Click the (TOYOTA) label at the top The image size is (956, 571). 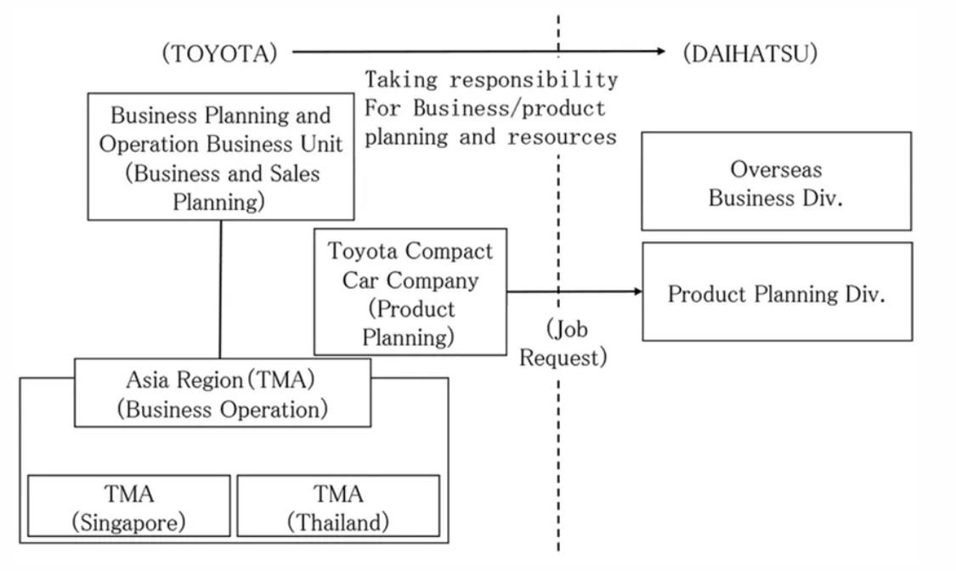pos(219,53)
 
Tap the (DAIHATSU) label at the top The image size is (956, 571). pos(750,53)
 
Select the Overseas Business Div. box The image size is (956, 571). pos(776,182)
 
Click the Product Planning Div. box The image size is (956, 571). pos(776,293)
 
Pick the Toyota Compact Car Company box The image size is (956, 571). pos(410,292)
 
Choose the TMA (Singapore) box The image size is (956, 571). pos(129,506)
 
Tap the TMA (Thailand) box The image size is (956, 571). pos(338,506)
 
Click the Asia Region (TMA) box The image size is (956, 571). pos(223,393)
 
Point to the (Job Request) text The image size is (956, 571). pos(563,342)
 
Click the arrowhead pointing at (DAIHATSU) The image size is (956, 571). pos(661,52)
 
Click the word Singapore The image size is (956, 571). pos(129,522)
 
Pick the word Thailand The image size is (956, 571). pos(338,522)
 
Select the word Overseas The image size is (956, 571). pos(776,168)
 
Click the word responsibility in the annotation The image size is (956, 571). pos(535,80)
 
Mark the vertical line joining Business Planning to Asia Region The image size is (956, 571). pos(221,289)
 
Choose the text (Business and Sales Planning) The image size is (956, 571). pos(221,187)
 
